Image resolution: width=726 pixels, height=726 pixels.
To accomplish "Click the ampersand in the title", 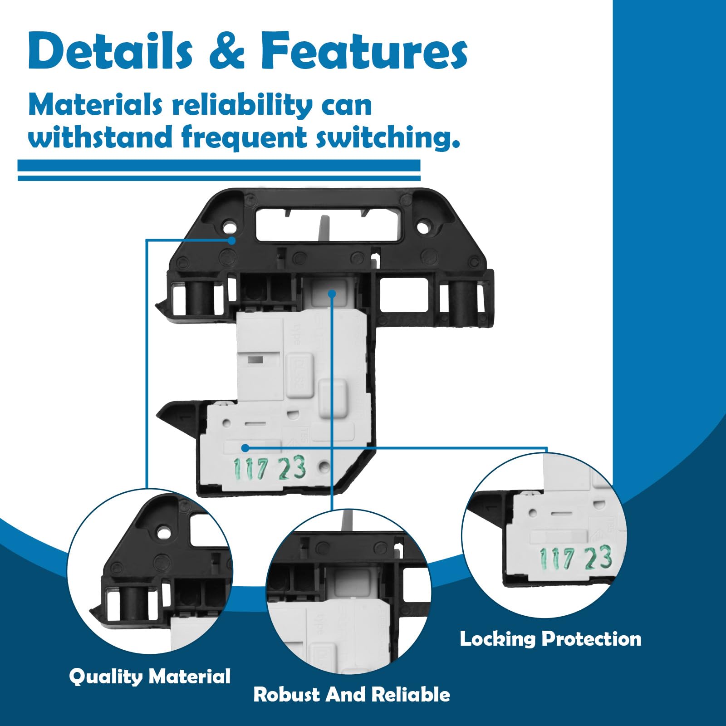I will point(227,52).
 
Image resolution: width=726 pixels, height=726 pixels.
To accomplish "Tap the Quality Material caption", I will point(150,677).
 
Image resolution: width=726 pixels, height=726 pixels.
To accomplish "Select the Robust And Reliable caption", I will point(352,695).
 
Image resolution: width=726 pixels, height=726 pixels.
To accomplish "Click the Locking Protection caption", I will point(550,639).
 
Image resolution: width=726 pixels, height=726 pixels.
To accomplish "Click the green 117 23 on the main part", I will point(269,468).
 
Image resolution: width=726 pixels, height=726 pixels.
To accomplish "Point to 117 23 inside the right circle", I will point(575,558).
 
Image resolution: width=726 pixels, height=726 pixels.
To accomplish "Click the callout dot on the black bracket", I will point(232,240).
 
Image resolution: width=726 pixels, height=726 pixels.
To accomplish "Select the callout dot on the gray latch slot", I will point(332,294).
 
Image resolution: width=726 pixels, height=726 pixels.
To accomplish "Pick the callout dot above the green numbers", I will point(245,448).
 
